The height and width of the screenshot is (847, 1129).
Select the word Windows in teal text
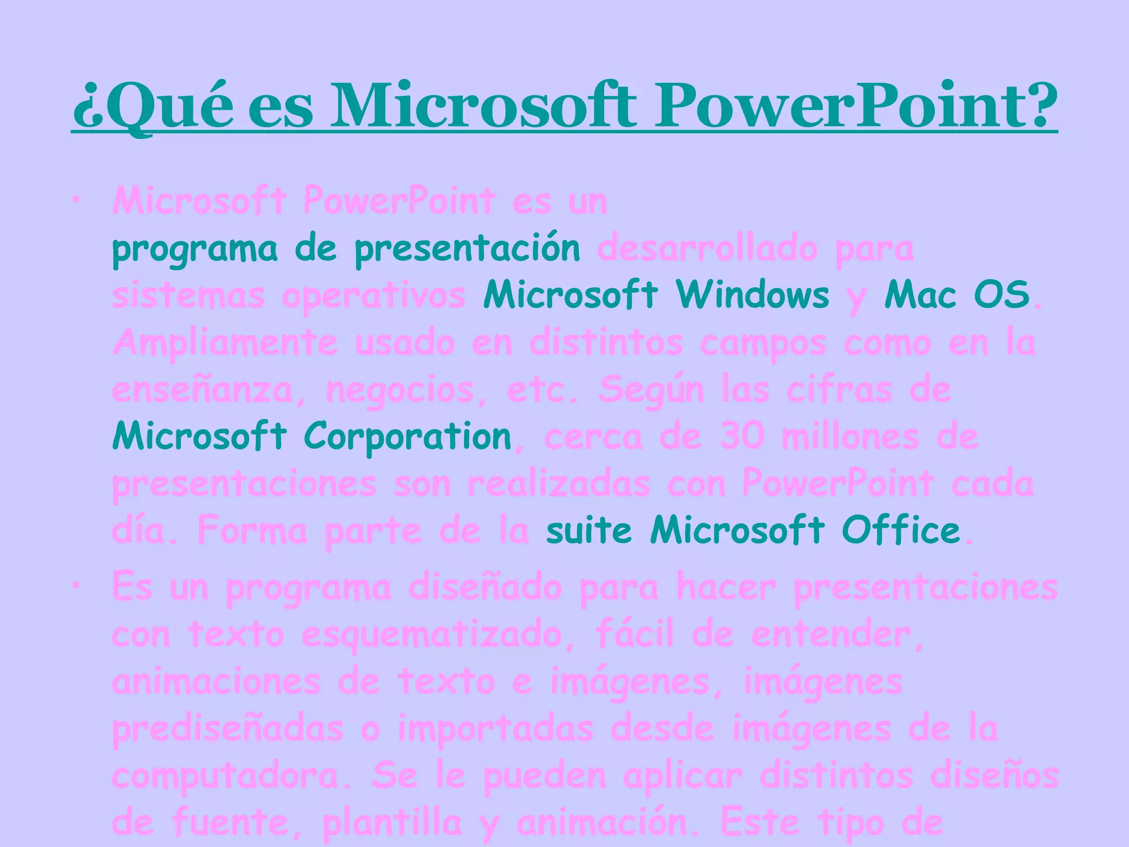752,295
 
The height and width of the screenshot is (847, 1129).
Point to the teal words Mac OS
957,295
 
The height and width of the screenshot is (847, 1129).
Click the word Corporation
408,437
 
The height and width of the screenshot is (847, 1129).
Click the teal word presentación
467,249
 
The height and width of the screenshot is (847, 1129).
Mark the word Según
651,390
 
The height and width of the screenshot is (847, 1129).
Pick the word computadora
231,776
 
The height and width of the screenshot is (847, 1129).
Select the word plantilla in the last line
392,823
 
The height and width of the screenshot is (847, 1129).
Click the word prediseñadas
228,729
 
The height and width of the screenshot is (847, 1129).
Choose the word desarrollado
707,249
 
